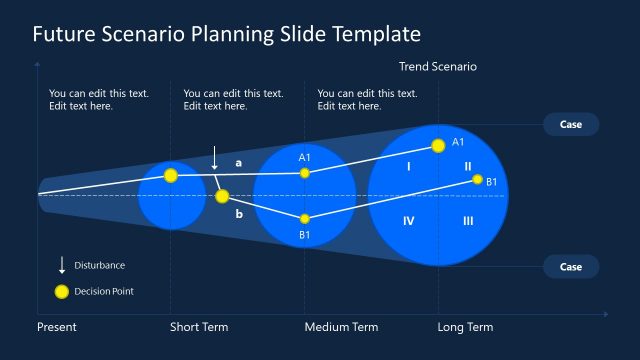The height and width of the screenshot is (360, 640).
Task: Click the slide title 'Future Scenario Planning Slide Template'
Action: tap(226, 34)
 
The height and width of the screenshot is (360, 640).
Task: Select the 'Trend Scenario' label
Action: tap(438, 67)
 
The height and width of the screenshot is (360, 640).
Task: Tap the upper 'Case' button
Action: tap(571, 124)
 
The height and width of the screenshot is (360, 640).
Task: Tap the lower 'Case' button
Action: tap(571, 267)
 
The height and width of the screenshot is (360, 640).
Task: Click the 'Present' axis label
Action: tap(57, 327)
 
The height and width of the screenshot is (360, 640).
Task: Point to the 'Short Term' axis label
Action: tap(199, 327)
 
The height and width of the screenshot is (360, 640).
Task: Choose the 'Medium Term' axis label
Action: tap(341, 327)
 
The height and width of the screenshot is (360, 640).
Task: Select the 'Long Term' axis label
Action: tap(465, 327)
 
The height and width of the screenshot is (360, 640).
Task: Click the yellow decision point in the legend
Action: tap(61, 292)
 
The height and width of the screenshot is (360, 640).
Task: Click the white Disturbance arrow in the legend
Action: tap(61, 265)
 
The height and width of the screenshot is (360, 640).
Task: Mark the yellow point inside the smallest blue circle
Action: tap(171, 175)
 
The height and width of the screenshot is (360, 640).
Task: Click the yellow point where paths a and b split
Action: tap(222, 196)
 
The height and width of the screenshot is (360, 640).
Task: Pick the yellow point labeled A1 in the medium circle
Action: tap(305, 173)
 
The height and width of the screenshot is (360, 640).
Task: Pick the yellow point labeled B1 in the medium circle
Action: tap(305, 218)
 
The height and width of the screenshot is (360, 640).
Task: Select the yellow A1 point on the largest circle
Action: tap(438, 145)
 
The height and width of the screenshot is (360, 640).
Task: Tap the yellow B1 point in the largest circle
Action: tap(478, 180)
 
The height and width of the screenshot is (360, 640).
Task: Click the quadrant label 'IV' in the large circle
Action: tap(408, 221)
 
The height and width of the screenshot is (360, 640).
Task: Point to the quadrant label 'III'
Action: tap(468, 221)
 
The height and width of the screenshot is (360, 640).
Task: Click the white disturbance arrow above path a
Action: tap(214, 158)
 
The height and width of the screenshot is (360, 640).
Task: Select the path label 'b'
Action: tap(238, 214)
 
